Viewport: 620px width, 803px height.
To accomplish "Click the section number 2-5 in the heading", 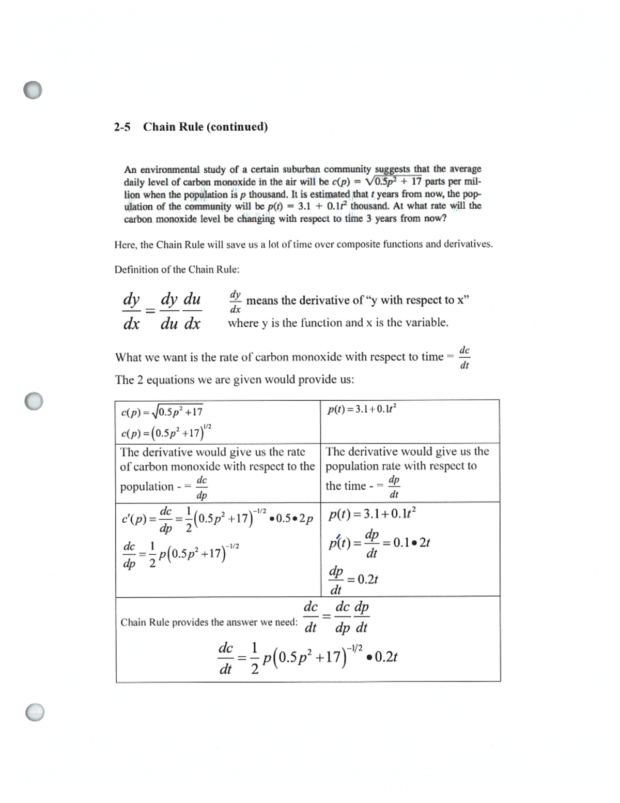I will (122, 127).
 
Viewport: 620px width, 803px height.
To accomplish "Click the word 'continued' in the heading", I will (237, 127).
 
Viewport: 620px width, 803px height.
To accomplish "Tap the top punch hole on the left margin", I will (33, 90).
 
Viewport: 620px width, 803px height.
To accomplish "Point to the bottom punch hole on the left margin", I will (35, 712).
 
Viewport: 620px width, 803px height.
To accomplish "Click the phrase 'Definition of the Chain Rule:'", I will (177, 269).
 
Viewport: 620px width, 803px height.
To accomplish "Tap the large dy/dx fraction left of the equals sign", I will (131, 311).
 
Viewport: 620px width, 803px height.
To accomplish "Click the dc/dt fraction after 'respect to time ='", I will (464, 357).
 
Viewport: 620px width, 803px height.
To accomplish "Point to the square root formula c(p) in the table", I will (162, 412).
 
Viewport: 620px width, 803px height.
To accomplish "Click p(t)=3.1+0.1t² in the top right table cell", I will (362, 409).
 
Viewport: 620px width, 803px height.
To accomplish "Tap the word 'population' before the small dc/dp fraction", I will (147, 487).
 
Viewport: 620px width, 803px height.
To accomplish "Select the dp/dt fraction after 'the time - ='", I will (394, 487).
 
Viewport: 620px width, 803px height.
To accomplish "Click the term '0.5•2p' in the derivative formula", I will (295, 519).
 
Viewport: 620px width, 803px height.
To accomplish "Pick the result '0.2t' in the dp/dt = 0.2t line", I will (368, 579).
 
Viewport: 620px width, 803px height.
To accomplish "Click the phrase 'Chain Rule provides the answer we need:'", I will (209, 623).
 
